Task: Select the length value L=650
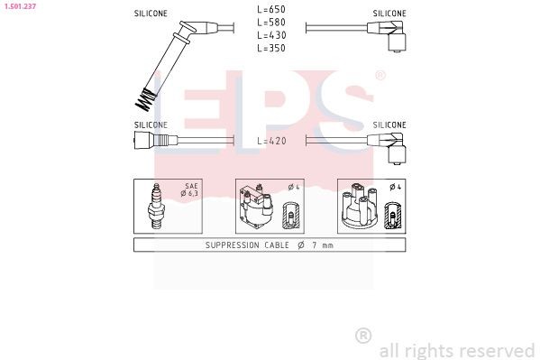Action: [270, 9]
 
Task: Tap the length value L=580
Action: [270, 22]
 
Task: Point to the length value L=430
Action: [270, 34]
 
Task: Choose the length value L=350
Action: [270, 47]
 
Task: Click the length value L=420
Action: [270, 142]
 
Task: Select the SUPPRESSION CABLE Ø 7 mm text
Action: [270, 245]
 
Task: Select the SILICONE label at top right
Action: [389, 14]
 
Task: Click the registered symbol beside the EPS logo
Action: [380, 76]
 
